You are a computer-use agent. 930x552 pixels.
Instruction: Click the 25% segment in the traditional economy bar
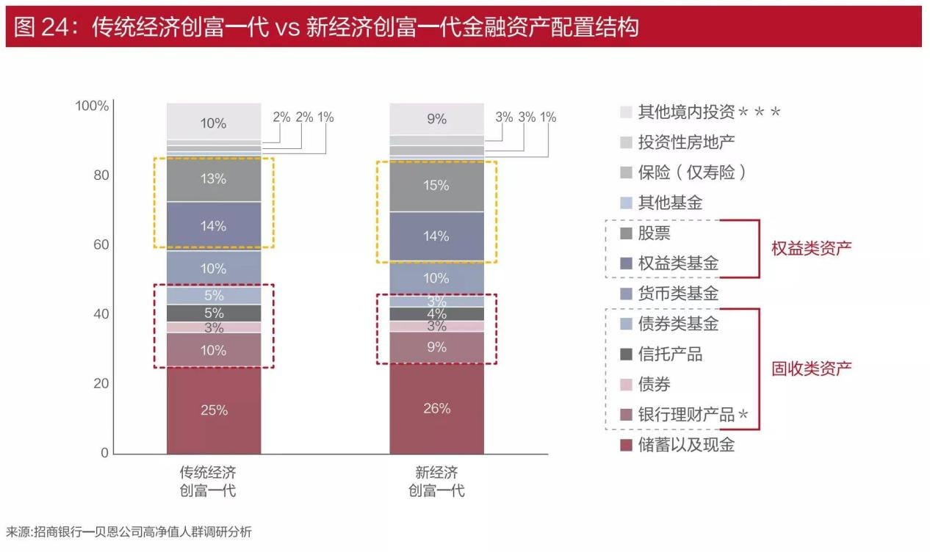(214, 410)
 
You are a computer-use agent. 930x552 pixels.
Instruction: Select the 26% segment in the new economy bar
(436, 408)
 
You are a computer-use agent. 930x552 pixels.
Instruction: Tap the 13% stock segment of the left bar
(214, 179)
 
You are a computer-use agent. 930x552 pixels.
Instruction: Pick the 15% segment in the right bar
(436, 186)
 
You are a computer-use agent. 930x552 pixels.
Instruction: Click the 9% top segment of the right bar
(436, 119)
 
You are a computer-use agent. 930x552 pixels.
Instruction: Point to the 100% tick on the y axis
(92, 106)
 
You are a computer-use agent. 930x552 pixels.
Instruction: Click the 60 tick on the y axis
(99, 244)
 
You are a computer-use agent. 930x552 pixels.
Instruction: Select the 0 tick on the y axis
(104, 453)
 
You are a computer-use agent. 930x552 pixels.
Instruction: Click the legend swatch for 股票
(626, 233)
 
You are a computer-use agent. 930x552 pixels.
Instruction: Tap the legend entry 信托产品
(670, 355)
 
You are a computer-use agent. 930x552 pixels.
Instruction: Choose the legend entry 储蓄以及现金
(686, 445)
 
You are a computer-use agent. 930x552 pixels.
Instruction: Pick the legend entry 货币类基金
(678, 294)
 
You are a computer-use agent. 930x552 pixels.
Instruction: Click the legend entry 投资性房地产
(686, 142)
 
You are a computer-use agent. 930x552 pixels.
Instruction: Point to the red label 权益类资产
(811, 248)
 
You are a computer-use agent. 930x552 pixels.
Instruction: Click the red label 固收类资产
(811, 368)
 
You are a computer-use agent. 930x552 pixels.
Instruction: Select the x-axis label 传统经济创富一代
(208, 481)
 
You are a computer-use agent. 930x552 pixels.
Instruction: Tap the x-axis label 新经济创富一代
(436, 481)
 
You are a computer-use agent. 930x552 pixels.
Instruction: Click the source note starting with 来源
(129, 531)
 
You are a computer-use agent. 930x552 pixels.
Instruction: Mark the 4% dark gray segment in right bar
(436, 313)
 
